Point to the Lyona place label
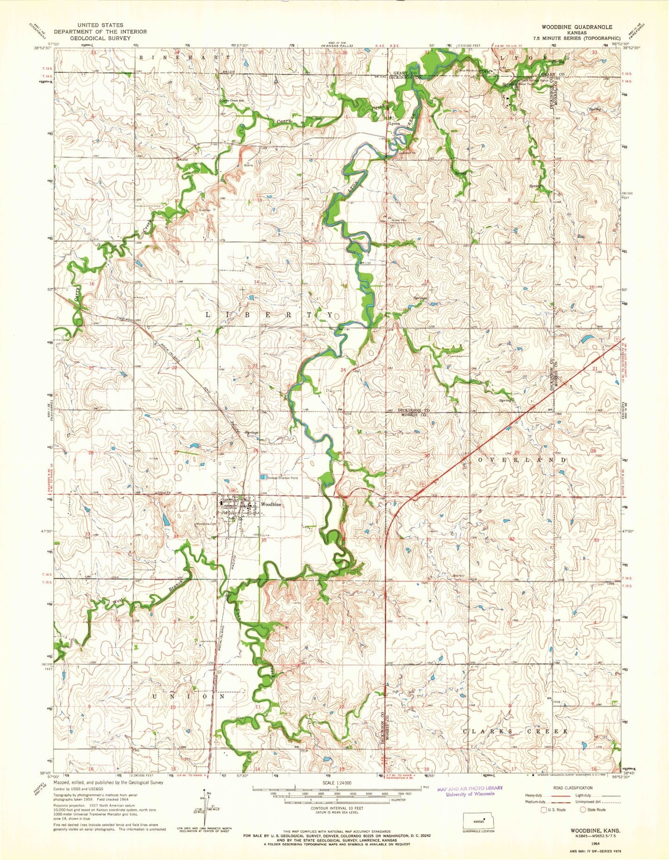[394, 124]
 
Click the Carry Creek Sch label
[232, 100]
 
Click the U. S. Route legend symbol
[544, 810]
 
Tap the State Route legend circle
[585, 810]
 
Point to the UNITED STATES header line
[100, 25]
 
